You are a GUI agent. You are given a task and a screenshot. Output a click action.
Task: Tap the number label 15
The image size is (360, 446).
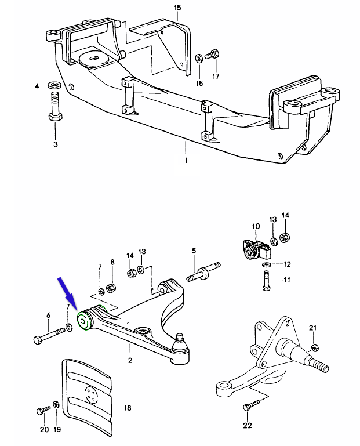pos(177,8)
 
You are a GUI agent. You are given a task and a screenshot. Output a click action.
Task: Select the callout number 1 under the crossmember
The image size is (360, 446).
pos(186,159)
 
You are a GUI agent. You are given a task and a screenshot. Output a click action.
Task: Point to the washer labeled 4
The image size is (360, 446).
pos(55,86)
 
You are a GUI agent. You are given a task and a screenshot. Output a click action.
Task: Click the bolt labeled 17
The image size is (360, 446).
pos(212,55)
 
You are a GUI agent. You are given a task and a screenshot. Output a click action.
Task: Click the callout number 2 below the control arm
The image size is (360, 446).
pos(130,361)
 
